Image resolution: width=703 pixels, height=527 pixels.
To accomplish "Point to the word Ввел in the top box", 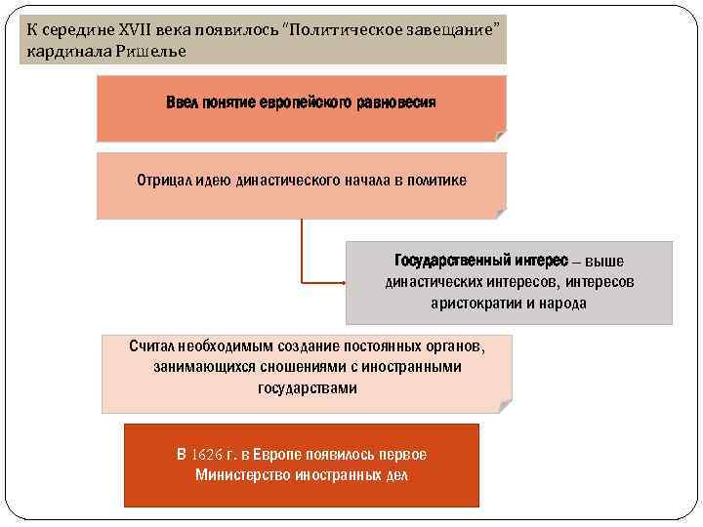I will point(182,102).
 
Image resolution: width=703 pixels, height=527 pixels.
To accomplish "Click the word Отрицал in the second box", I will point(160,180).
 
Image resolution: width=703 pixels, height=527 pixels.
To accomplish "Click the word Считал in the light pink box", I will point(153,346).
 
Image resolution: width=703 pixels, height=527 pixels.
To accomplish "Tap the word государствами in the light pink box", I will point(308,388).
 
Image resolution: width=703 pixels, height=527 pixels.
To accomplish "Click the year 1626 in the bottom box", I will point(207,456).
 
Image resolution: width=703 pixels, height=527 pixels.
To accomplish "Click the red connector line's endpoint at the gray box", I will point(345,283).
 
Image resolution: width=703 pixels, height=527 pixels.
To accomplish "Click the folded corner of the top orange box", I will point(500,136).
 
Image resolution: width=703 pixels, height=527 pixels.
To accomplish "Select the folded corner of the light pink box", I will point(505,405).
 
